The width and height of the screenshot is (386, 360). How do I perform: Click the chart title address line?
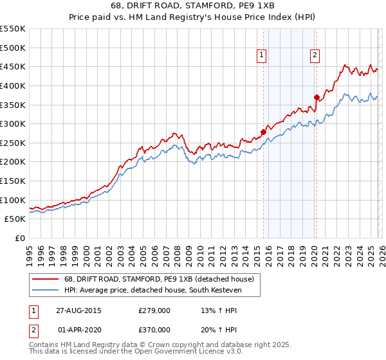192,6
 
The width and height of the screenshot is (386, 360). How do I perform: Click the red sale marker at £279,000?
263,132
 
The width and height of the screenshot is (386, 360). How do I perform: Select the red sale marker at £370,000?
317,97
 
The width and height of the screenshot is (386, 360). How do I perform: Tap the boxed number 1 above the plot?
262,56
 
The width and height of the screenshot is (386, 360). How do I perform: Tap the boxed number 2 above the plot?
315,56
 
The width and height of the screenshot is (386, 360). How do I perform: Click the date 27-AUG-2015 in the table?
78,310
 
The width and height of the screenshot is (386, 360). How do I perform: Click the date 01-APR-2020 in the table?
78,329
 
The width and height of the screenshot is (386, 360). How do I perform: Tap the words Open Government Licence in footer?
182,352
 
